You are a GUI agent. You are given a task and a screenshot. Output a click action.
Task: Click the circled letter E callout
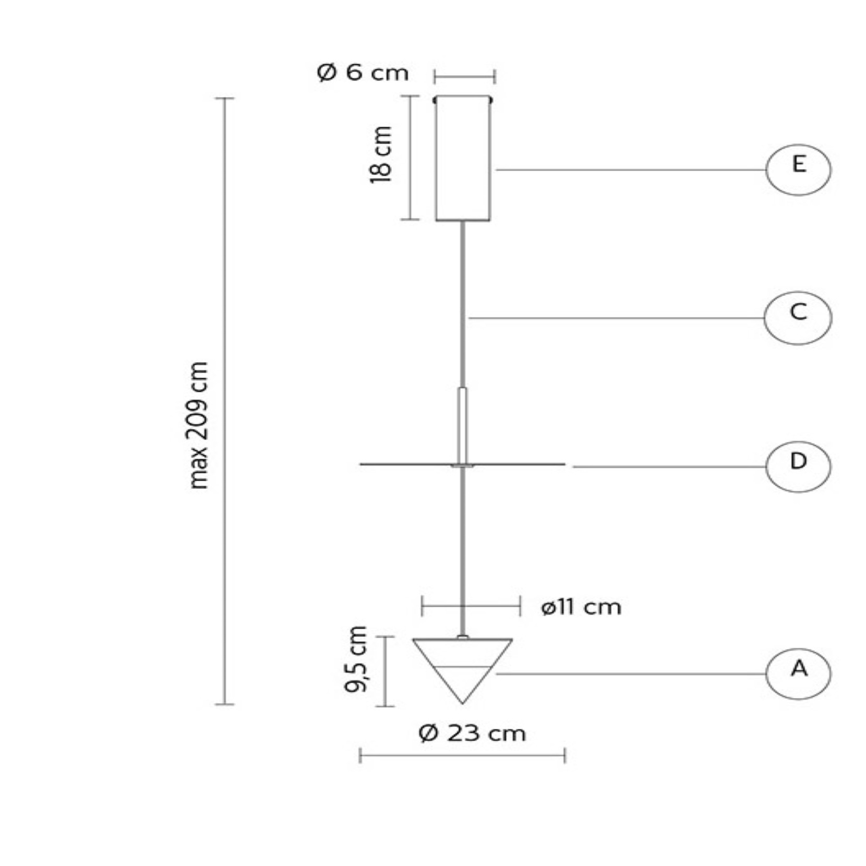coord(798,170)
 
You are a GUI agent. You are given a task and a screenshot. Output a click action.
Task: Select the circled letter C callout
coord(798,318)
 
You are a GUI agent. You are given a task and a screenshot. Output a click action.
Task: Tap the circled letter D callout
coord(798,466)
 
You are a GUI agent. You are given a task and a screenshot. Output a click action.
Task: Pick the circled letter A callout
coord(798,674)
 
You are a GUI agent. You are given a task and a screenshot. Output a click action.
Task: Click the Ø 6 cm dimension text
coord(363,73)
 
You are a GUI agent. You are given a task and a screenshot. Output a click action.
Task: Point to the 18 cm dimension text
coord(381,154)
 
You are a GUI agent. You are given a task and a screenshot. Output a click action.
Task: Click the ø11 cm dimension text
coord(581,607)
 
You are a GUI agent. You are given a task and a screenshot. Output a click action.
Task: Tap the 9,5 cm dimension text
coord(356,659)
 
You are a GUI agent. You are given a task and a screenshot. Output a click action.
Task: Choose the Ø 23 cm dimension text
coord(472,733)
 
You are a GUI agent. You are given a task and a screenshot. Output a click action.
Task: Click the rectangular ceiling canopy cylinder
coord(463,159)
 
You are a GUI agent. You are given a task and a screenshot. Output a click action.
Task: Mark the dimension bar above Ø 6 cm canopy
coord(464,77)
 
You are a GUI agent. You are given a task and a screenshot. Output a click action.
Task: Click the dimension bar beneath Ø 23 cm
coord(462,755)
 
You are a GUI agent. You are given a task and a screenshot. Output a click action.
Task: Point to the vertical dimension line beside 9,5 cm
coord(385,671)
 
